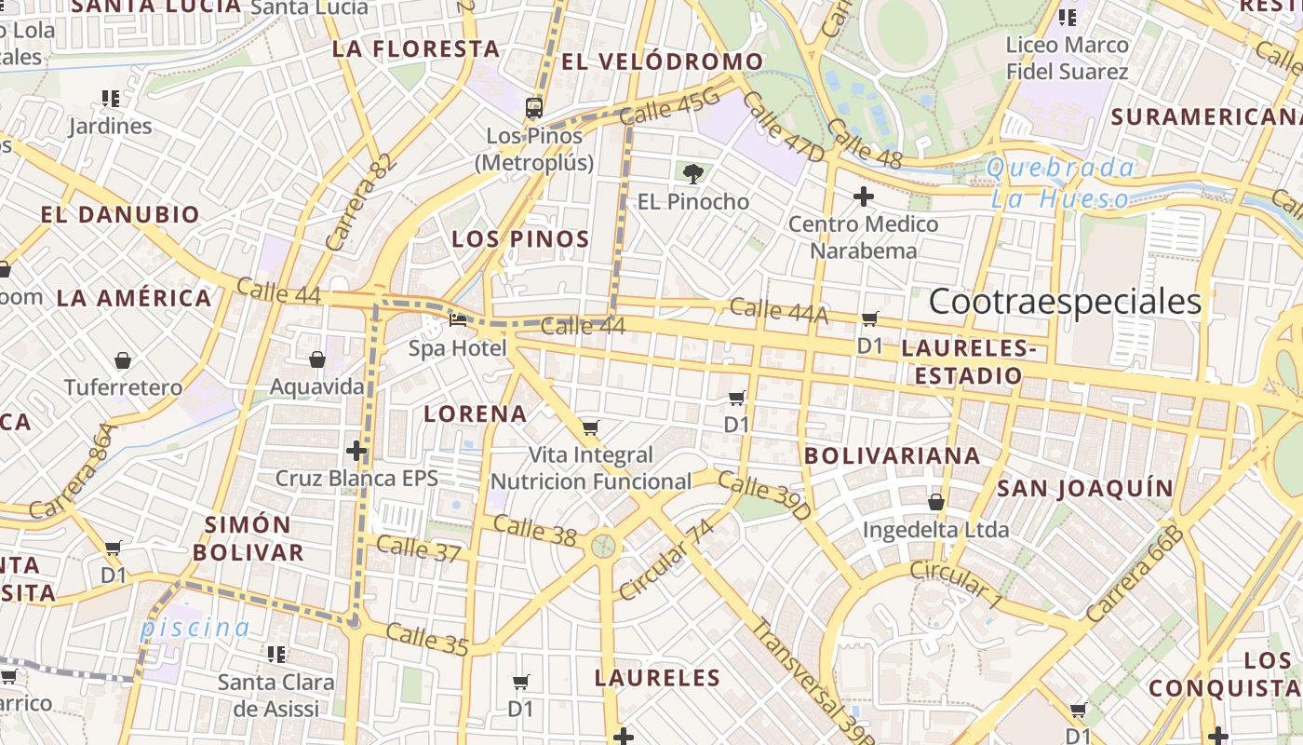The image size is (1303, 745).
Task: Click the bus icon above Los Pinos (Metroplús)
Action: tap(534, 107)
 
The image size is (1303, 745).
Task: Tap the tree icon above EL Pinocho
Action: tap(692, 172)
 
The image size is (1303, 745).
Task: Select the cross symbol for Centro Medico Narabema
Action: tap(864, 196)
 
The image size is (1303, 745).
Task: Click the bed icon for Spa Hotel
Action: tap(458, 319)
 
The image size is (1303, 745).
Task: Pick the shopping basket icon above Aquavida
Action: tap(316, 359)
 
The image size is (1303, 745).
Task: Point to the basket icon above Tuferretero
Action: tap(123, 359)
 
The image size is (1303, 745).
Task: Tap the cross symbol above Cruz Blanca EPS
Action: tap(356, 452)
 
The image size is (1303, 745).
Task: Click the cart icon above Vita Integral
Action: tap(590, 428)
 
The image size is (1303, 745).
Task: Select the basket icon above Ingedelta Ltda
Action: tap(936, 502)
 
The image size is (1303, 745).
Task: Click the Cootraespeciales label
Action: tap(1065, 302)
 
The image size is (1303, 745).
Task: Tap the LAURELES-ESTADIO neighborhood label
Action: tap(968, 362)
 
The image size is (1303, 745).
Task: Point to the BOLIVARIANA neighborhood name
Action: tap(892, 455)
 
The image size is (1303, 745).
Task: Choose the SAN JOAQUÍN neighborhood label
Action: tap(1084, 488)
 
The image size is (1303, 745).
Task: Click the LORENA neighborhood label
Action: tap(475, 413)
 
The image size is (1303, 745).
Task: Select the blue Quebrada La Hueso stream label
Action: tap(1061, 183)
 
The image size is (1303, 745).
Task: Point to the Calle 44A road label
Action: tap(778, 311)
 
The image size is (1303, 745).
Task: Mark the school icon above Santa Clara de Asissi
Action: tap(276, 655)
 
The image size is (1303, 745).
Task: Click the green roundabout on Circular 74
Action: tap(603, 545)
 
